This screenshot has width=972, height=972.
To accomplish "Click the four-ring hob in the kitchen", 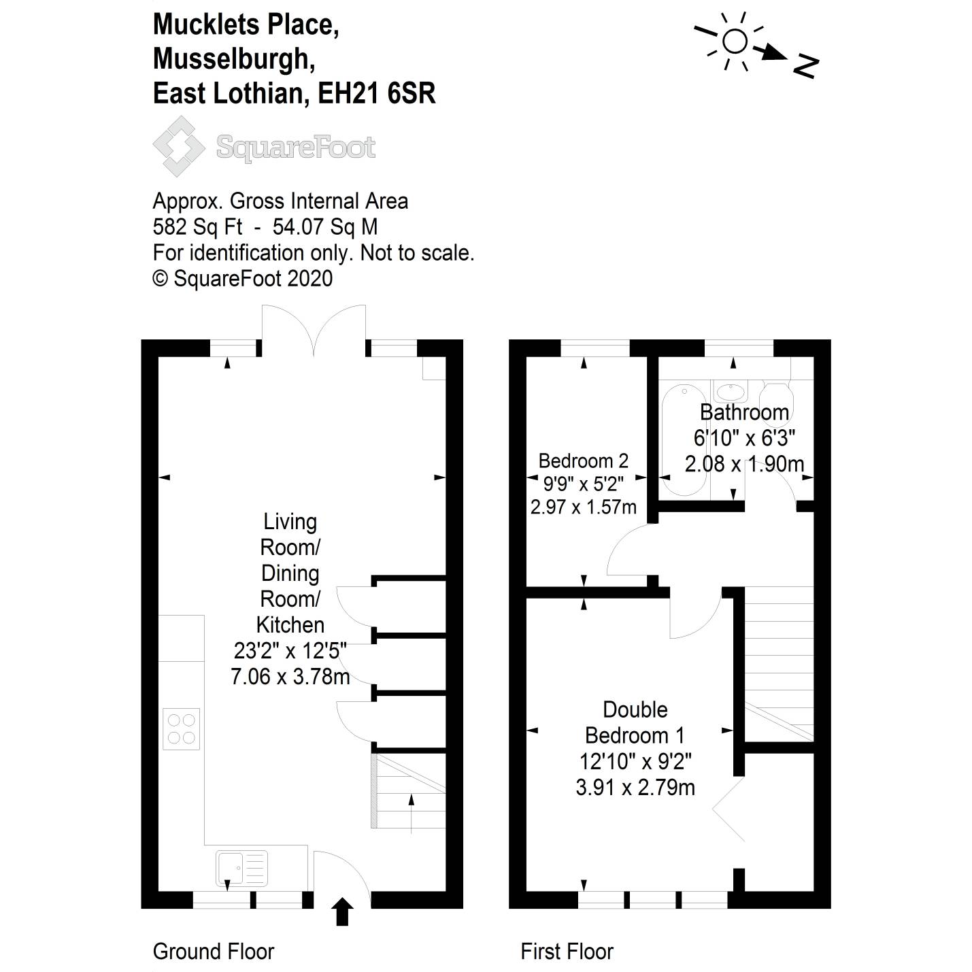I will point(182,729).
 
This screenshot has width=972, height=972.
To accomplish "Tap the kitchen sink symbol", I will point(241,868).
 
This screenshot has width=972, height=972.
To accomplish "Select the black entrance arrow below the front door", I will point(342,912).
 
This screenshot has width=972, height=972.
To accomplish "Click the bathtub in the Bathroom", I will point(685,439).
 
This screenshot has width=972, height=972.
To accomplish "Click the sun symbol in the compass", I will point(735,41).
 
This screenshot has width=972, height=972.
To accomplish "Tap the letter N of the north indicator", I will point(805,65).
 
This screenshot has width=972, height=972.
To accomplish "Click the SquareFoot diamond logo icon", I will point(178,146).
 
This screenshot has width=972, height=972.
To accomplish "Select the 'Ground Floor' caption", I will point(213,951).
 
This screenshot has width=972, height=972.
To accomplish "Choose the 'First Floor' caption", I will point(567,951).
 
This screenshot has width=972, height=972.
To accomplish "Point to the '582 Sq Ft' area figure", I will point(197,227).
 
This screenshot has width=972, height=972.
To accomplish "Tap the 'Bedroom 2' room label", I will point(583,460).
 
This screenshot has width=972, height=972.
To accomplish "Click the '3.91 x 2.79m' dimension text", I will point(635,788).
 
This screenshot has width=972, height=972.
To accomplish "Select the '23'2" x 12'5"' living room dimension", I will point(290,651).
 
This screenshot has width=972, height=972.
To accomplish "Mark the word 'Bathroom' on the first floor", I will point(744,412).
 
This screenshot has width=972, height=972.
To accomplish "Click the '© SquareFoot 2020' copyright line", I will point(243,278).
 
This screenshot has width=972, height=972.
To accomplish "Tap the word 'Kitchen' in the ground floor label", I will point(290,624).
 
